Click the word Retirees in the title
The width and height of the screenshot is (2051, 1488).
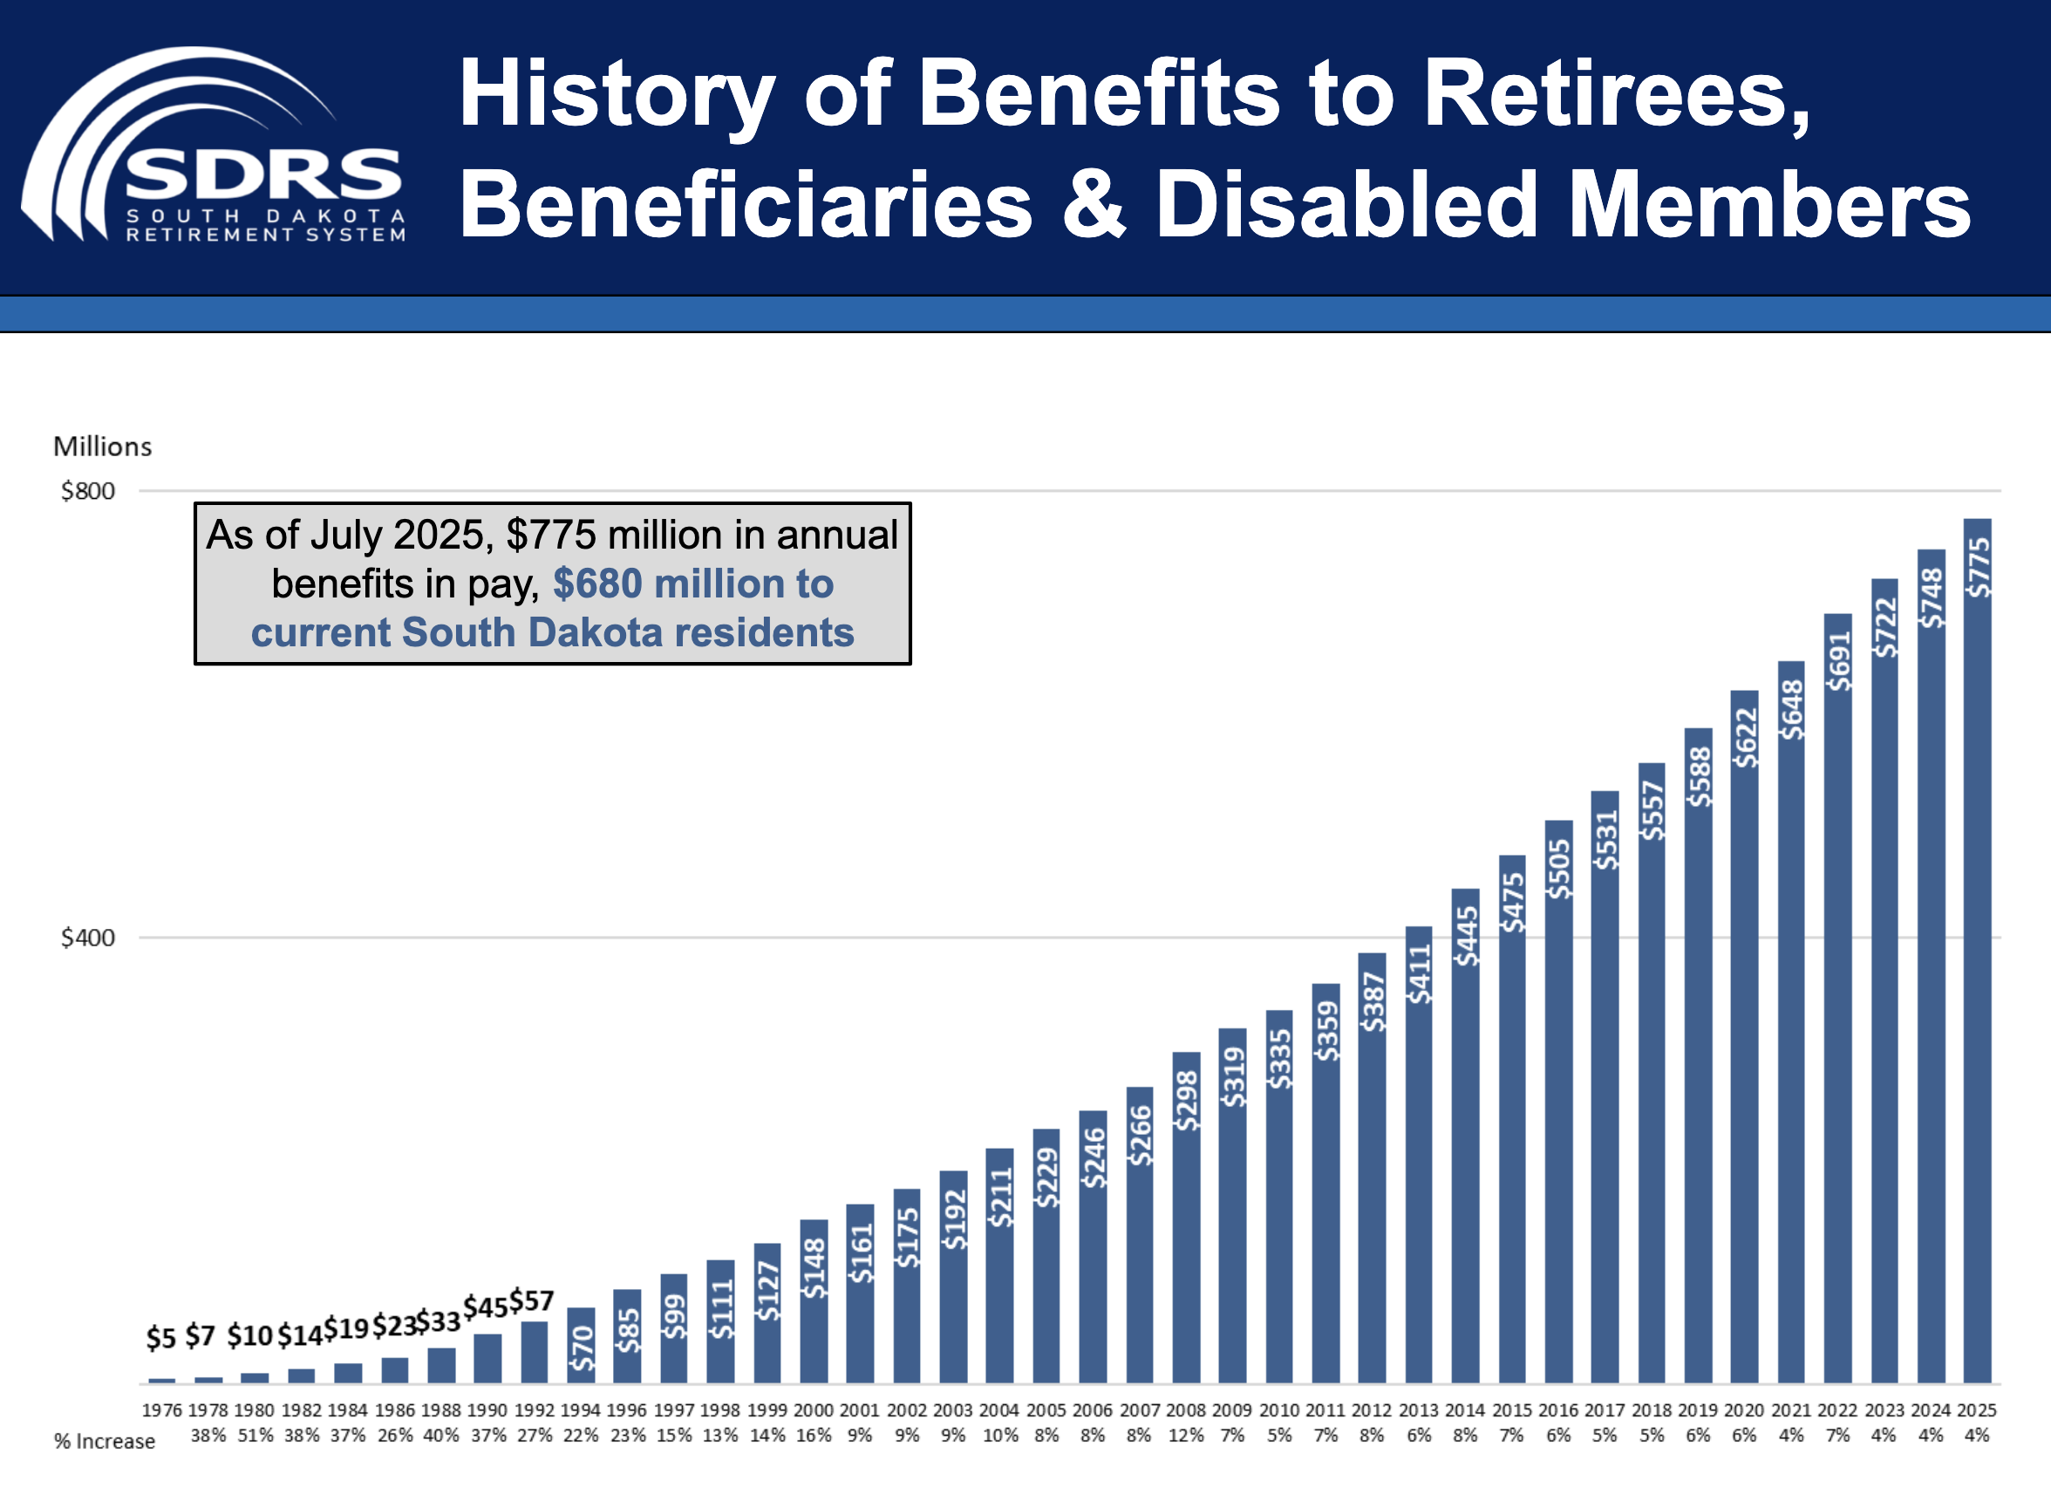point(1615,94)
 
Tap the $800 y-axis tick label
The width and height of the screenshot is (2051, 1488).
point(88,491)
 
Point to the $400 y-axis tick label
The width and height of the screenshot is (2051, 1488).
point(88,938)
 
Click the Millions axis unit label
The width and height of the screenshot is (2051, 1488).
point(102,447)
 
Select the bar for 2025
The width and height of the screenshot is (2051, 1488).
point(1977,950)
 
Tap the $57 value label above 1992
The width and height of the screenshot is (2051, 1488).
point(532,1301)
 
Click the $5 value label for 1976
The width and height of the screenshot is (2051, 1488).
point(161,1338)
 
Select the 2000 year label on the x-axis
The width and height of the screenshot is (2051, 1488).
point(813,1410)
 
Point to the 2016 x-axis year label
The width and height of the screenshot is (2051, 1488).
point(1558,1410)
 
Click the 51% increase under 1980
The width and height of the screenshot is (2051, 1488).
point(255,1436)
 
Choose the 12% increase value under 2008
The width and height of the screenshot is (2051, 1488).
point(1186,1436)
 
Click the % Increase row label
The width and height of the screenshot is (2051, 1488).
point(104,1442)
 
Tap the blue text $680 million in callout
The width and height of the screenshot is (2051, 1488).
point(692,584)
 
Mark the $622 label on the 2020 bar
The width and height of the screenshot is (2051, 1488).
point(1744,737)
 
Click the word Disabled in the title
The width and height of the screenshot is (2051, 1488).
point(1346,206)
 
